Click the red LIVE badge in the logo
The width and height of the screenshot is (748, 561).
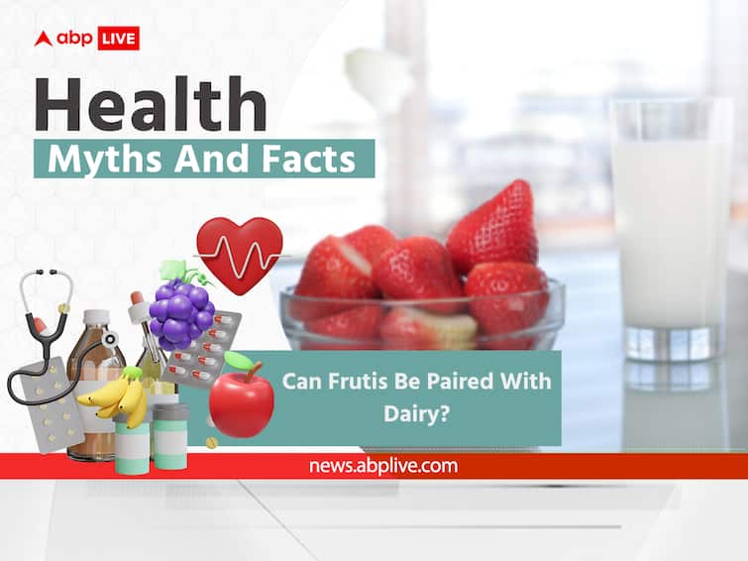[118, 39]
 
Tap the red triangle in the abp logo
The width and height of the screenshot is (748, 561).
[43, 39]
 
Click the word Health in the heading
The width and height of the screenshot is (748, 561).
[151, 105]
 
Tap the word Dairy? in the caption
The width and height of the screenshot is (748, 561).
[416, 413]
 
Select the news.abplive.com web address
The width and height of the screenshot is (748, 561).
[383, 466]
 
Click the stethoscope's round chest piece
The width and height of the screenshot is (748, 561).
[111, 339]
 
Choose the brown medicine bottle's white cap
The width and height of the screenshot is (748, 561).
[97, 317]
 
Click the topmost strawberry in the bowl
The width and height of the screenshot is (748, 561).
[493, 227]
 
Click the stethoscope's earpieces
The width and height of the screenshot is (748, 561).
[46, 273]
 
